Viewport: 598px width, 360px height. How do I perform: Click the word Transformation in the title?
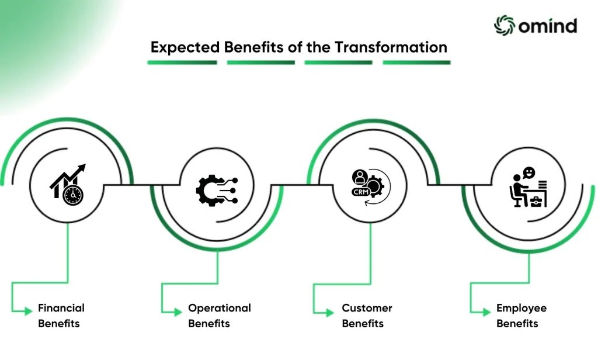point(391,47)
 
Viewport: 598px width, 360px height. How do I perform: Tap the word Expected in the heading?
point(185,48)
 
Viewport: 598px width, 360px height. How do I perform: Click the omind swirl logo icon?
point(504,26)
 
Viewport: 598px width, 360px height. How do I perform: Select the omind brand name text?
point(548,26)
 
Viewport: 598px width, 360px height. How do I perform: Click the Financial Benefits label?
point(61,316)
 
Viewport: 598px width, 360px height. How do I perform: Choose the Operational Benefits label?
point(220,316)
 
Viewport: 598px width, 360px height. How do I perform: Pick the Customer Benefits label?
point(367,316)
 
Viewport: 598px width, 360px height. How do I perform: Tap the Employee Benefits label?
point(521,316)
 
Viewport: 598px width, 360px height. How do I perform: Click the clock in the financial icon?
point(73,195)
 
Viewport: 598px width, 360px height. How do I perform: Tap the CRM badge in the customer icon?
point(361,192)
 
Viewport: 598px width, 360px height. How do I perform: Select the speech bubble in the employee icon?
point(529,173)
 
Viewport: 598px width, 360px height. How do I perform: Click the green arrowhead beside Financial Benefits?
point(28,311)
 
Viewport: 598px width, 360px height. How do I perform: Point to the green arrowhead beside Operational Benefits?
point(178,312)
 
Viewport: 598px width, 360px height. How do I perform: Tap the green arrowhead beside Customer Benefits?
point(330,313)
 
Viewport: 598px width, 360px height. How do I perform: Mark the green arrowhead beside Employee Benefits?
point(486,312)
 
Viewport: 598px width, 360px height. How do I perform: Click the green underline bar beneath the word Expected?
point(182,63)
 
